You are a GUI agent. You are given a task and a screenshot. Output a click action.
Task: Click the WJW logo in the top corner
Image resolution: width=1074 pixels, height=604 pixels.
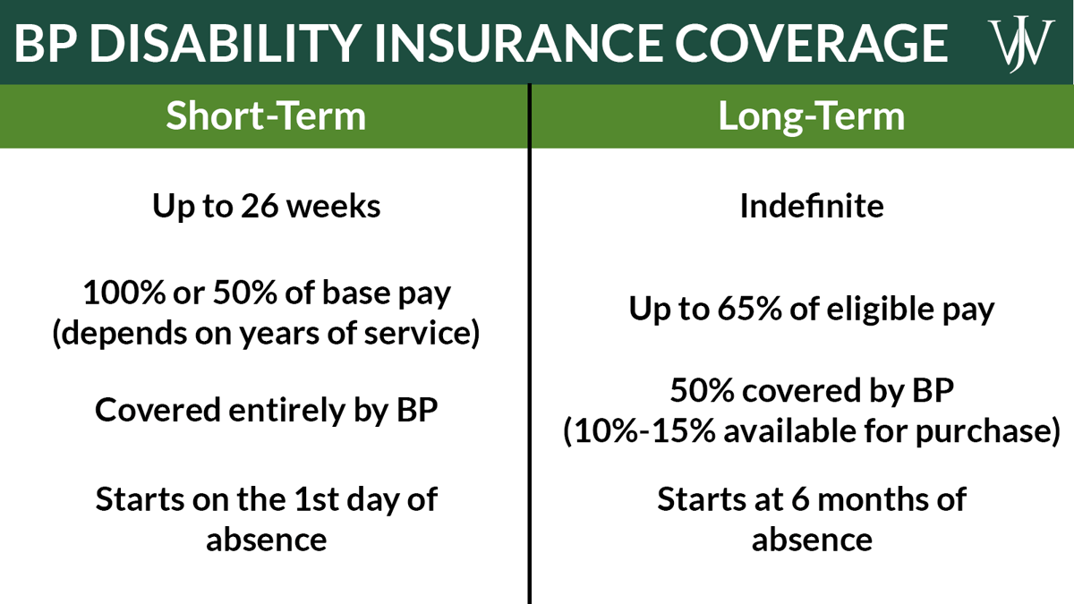pyautogui.click(x=1018, y=42)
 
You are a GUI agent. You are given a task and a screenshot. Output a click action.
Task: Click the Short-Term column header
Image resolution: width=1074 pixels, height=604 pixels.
pyautogui.click(x=265, y=117)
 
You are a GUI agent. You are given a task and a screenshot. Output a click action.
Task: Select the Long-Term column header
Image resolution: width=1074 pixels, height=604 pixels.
pyautogui.click(x=811, y=117)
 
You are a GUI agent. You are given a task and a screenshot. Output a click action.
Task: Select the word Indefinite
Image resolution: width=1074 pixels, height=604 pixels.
pyautogui.click(x=811, y=207)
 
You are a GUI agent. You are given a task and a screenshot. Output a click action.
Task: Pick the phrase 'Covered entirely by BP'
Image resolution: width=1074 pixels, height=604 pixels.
pyautogui.click(x=265, y=410)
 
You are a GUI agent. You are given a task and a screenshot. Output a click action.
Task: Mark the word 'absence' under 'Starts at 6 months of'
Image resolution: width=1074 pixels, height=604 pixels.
pyautogui.click(x=811, y=540)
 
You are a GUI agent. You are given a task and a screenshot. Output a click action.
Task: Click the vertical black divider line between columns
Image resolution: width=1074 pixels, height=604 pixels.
pyautogui.click(x=529, y=358)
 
